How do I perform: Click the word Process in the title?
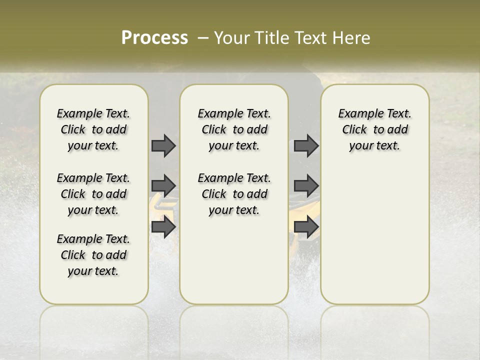(154, 37)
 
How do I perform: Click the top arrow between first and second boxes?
(163, 145)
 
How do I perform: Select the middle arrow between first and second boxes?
(163, 186)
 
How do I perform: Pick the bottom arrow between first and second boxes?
(163, 226)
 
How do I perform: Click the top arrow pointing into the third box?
(306, 145)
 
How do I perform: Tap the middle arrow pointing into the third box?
(306, 186)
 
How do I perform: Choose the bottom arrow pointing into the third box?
(306, 226)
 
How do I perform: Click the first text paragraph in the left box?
(93, 129)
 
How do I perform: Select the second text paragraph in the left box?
(93, 194)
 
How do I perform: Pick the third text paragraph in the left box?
(93, 255)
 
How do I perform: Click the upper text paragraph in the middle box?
(234, 129)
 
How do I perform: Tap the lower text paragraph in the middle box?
(234, 194)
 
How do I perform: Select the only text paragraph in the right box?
(374, 129)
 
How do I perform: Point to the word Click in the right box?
(354, 129)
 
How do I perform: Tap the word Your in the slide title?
(231, 37)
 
